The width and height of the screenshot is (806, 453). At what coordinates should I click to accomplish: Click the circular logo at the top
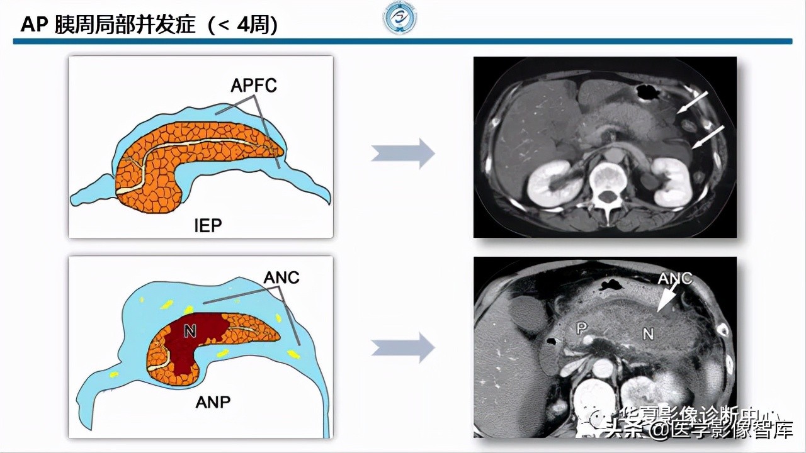tap(400, 18)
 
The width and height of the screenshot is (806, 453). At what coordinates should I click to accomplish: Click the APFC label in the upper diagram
tap(253, 86)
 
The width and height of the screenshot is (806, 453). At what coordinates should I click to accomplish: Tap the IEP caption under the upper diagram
tap(208, 225)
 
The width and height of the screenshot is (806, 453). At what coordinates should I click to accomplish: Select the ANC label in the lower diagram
tap(281, 277)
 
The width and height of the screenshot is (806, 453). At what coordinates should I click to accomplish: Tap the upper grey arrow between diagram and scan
tap(403, 154)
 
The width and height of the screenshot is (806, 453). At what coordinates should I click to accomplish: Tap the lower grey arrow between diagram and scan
tap(403, 347)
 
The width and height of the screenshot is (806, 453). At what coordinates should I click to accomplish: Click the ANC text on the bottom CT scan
tap(674, 278)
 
